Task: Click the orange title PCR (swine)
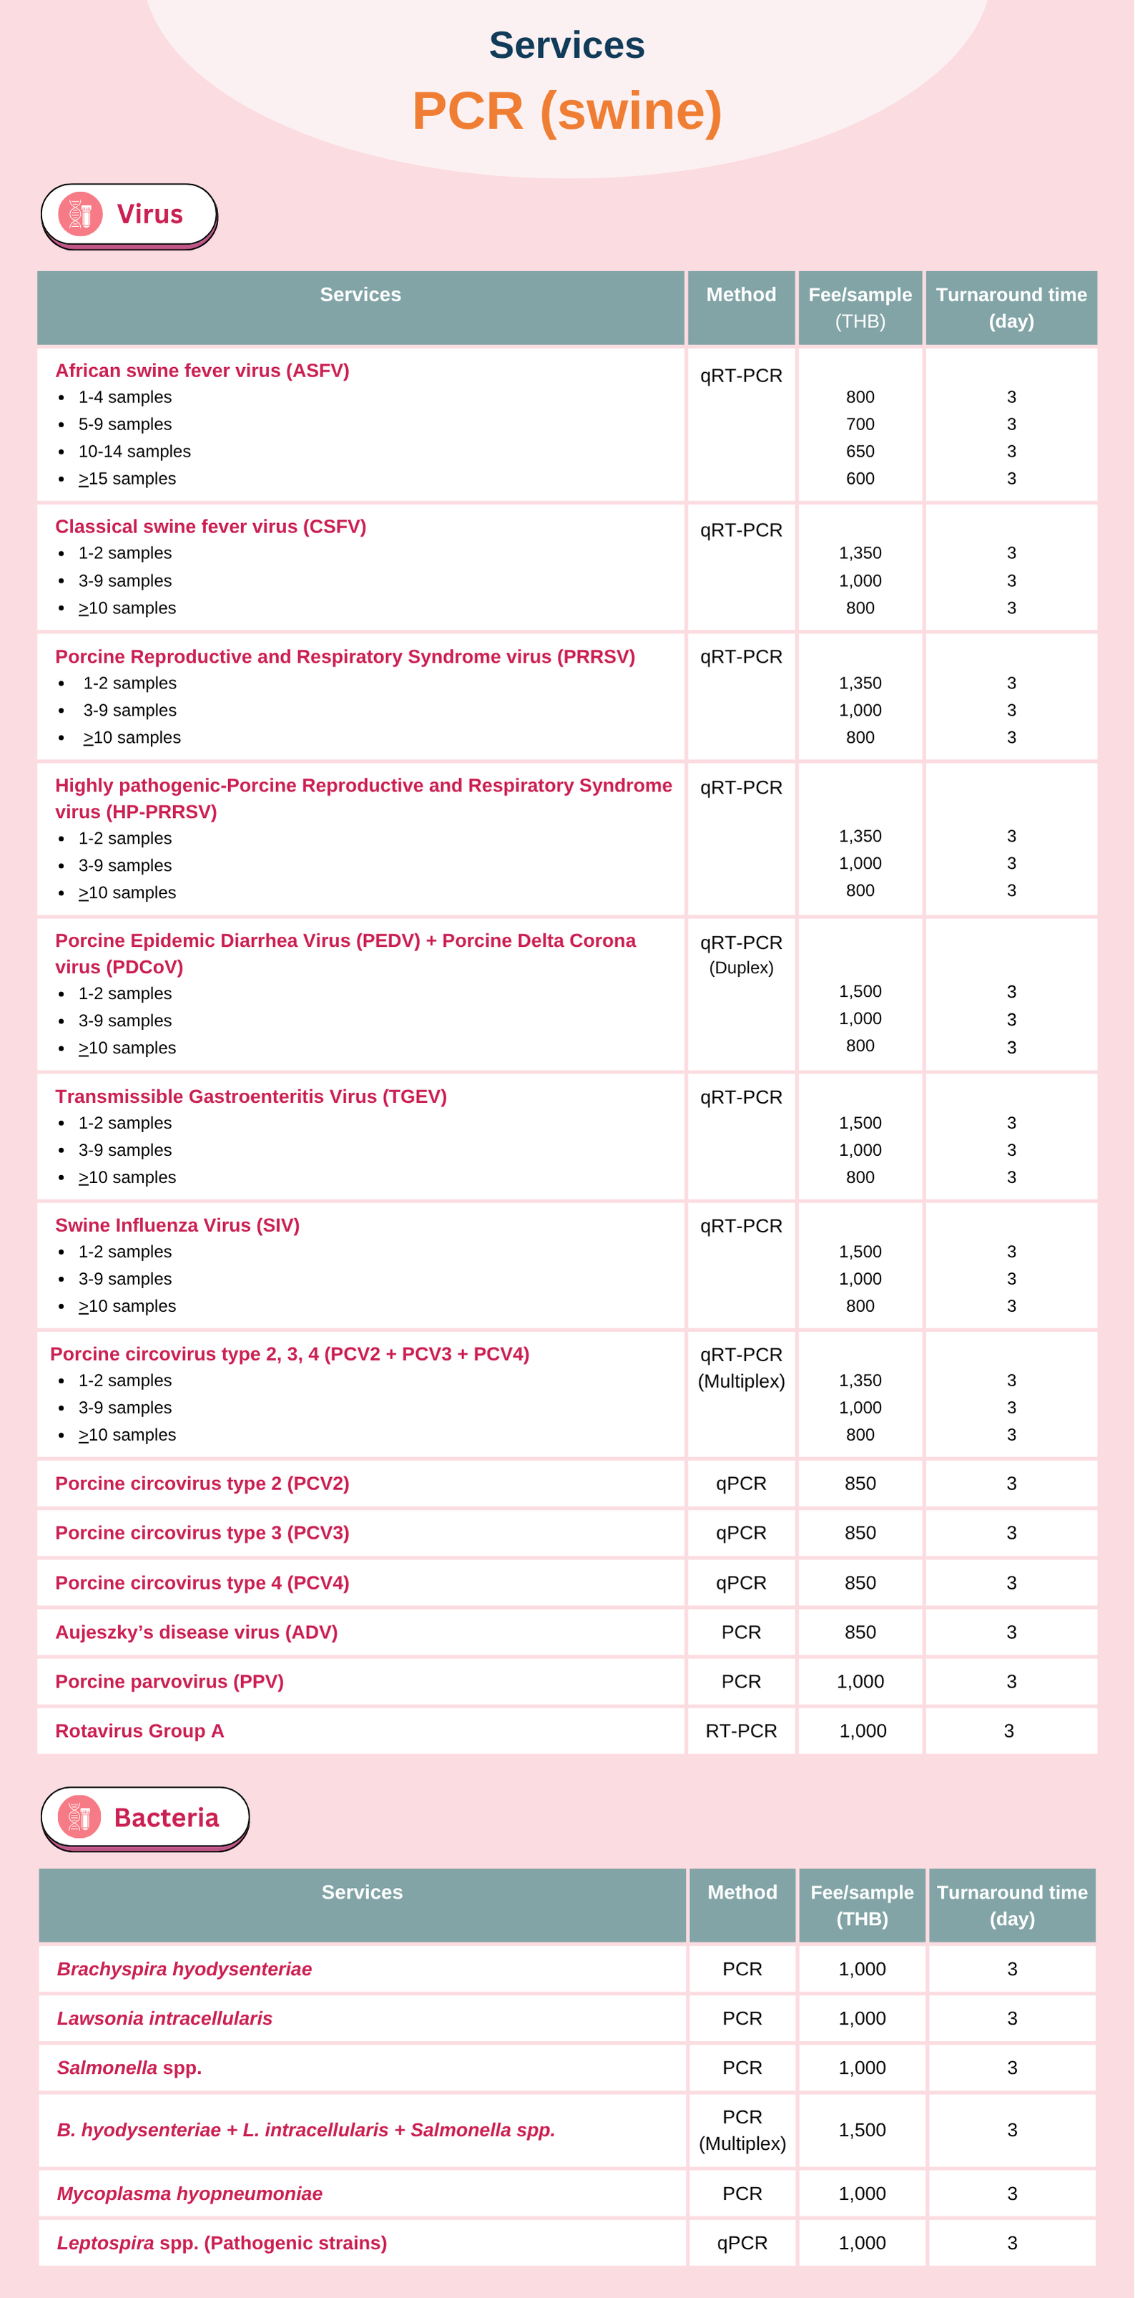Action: click(x=566, y=112)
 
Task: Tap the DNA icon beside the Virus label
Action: click(x=80, y=214)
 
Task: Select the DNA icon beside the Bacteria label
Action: click(x=79, y=1816)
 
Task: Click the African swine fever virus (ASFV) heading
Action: click(x=202, y=370)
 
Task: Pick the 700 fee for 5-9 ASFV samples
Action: click(x=860, y=424)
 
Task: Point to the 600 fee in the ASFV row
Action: click(x=860, y=478)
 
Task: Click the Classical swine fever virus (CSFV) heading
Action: click(x=210, y=526)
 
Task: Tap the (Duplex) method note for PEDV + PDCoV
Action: click(x=741, y=968)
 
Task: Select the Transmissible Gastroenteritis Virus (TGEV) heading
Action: click(x=250, y=1096)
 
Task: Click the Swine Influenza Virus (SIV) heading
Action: click(x=177, y=1225)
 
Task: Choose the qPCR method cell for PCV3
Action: click(x=741, y=1532)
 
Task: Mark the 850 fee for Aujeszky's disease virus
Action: click(x=860, y=1632)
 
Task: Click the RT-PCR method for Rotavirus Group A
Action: click(x=741, y=1730)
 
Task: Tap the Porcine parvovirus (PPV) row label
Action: click(x=169, y=1682)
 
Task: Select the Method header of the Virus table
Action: click(x=741, y=294)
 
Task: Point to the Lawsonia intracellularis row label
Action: click(x=165, y=2018)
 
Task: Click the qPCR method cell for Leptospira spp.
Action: click(x=742, y=2243)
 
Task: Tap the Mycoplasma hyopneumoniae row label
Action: click(x=190, y=2194)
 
